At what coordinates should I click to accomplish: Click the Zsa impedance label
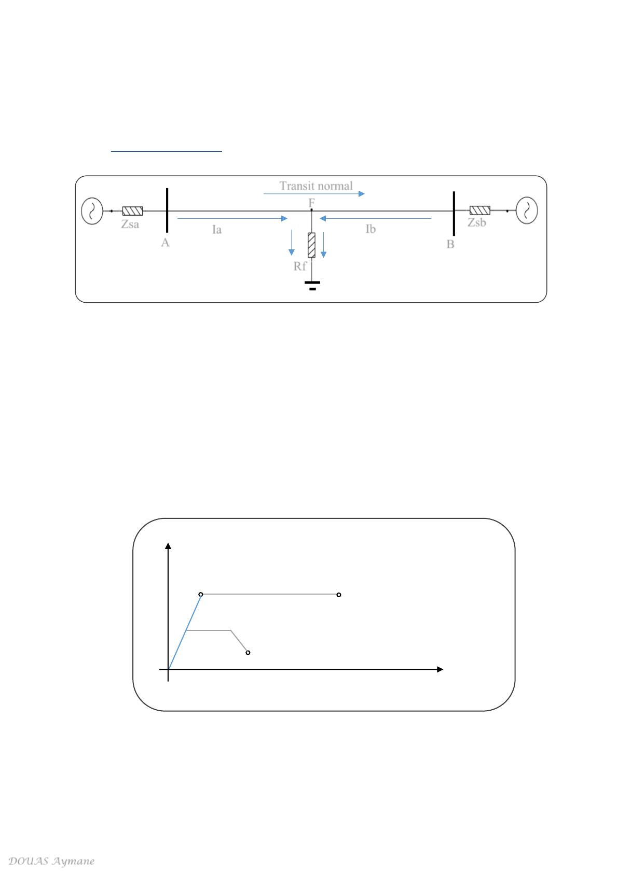pyautogui.click(x=130, y=224)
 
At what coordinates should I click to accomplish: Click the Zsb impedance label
pyautogui.click(x=477, y=222)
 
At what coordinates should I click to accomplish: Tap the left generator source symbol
pyautogui.click(x=92, y=211)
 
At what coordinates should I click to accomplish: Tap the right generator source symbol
pyautogui.click(x=527, y=210)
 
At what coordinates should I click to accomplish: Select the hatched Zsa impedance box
pyautogui.click(x=133, y=211)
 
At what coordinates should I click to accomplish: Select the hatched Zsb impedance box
pyautogui.click(x=480, y=210)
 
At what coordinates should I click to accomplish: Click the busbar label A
pyautogui.click(x=166, y=243)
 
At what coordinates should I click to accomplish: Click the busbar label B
pyautogui.click(x=450, y=244)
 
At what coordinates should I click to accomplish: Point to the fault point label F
pyautogui.click(x=311, y=203)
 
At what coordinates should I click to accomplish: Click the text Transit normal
pyautogui.click(x=316, y=186)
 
